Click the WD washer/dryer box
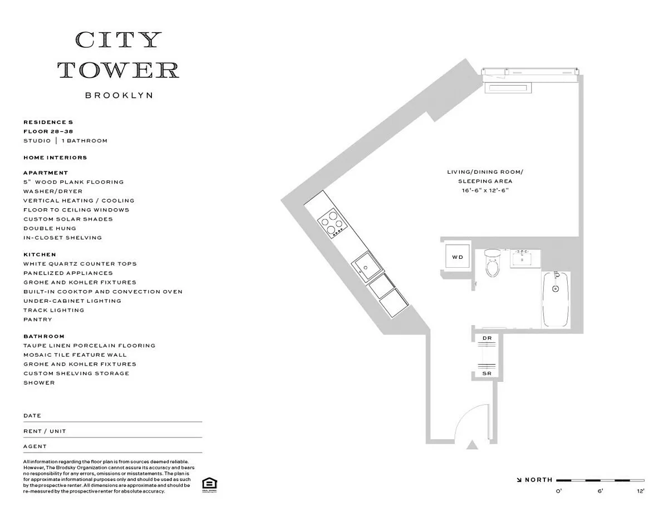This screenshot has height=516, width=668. tap(458, 256)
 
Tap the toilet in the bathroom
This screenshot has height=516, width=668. tap(492, 263)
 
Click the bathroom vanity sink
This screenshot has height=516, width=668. tap(525, 258)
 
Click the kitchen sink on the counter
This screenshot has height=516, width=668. tap(367, 267)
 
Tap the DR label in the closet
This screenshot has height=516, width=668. tap(487, 338)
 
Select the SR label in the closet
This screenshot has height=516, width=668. tap(487, 374)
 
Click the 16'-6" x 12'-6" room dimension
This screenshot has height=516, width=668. tap(485, 190)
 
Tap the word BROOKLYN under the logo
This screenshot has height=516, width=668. tap(119, 95)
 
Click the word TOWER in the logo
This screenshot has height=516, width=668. tap(119, 70)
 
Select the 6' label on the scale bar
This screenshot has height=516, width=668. tap(601, 491)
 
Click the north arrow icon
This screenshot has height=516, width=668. tap(519, 480)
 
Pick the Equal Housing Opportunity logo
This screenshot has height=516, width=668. tap(209, 485)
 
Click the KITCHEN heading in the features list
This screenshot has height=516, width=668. tap(40, 254)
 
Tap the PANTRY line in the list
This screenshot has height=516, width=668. tap(38, 320)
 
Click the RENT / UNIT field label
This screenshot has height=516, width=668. tap(45, 431)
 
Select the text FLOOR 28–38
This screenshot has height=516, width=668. tap(48, 131)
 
